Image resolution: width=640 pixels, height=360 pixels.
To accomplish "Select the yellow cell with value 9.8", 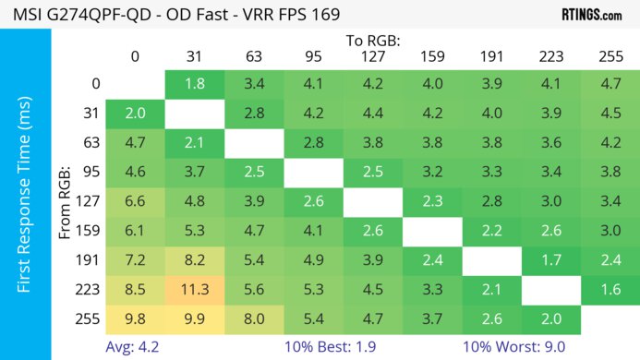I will click(135, 319).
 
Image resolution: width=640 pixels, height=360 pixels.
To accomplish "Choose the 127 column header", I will click(372, 57).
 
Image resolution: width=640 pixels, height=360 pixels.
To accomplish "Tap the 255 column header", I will click(610, 57).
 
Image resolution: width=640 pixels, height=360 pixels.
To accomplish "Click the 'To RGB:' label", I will click(372, 41).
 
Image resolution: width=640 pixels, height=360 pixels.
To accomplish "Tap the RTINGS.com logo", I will click(591, 14).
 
